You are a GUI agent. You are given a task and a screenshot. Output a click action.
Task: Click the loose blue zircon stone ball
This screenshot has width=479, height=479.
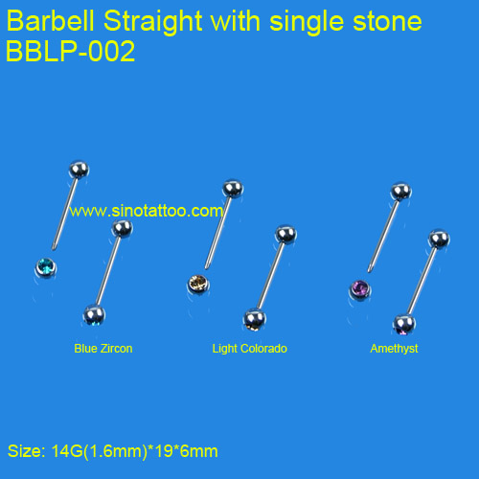coord(46,267)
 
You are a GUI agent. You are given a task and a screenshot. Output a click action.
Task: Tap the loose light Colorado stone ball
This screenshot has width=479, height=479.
coord(198,284)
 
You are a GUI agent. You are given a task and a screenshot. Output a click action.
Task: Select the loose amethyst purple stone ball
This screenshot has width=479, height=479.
coord(360,289)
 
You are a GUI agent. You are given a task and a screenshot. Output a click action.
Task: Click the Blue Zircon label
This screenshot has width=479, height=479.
coord(103,349)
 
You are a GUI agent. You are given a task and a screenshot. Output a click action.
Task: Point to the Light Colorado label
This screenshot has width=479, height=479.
coord(250,349)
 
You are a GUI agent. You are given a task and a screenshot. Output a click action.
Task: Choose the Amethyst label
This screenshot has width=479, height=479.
coord(394,349)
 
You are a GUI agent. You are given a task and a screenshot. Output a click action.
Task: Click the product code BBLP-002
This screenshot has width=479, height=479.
coord(71,51)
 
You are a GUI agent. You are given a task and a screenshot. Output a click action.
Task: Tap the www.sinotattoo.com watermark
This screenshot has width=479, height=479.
coord(147,211)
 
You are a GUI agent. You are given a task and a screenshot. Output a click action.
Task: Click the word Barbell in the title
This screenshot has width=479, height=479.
coord(50,21)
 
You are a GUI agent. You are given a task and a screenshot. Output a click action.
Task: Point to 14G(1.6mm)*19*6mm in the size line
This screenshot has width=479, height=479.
coord(134,451)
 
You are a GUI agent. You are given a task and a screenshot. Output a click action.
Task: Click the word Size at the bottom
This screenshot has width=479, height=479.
coord(26,451)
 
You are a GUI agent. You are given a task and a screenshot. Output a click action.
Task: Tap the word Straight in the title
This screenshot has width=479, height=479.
coord(153,22)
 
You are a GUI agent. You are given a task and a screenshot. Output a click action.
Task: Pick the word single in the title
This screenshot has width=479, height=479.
coord(308,22)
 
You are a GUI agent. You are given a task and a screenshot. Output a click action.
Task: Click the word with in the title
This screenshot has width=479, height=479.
coord(236,21)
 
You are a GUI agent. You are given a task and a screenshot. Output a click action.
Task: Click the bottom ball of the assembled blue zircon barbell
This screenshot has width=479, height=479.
coord(94,315)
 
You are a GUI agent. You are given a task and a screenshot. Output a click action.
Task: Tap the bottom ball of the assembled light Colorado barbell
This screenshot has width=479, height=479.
coord(255,320)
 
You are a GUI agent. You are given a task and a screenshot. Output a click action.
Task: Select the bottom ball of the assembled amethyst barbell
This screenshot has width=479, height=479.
coord(404,325)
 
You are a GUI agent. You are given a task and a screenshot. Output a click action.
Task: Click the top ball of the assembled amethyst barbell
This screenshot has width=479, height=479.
coord(439,239)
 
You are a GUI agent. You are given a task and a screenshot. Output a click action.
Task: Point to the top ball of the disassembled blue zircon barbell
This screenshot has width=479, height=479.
coord(79,170)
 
